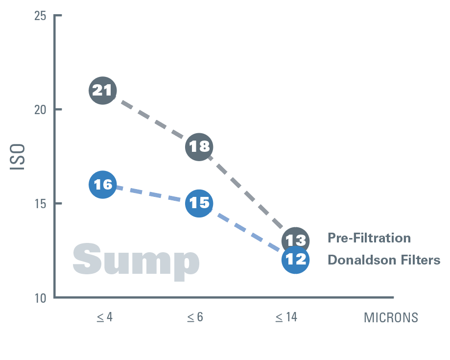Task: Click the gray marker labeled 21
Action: pyautogui.click(x=102, y=91)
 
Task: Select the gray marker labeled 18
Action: pyautogui.click(x=199, y=146)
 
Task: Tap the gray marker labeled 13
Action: pyautogui.click(x=295, y=240)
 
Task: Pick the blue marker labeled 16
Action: pyautogui.click(x=102, y=185)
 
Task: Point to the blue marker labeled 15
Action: pyautogui.click(x=199, y=203)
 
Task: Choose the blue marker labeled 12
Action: pyautogui.click(x=295, y=259)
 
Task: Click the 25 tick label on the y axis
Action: pyautogui.click(x=40, y=16)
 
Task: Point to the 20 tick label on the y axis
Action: pyautogui.click(x=40, y=109)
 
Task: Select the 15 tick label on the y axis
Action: pyautogui.click(x=40, y=203)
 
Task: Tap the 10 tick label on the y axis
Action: pyautogui.click(x=40, y=297)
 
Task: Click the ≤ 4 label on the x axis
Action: pyautogui.click(x=104, y=317)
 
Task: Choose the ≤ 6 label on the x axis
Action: pyautogui.click(x=195, y=317)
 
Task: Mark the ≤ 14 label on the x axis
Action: pyautogui.click(x=286, y=317)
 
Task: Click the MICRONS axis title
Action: pyautogui.click(x=391, y=318)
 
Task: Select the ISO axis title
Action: pyautogui.click(x=18, y=157)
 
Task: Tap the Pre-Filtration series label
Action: pyautogui.click(x=369, y=239)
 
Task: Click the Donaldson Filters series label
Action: pyautogui.click(x=384, y=260)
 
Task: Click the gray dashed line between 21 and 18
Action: pyautogui.click(x=150, y=118)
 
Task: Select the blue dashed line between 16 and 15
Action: pyautogui.click(x=150, y=193)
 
